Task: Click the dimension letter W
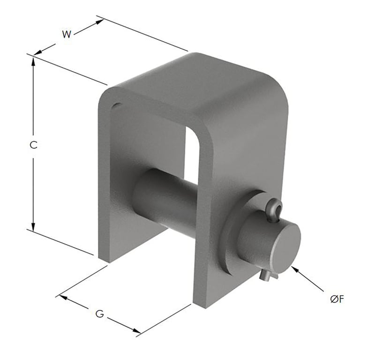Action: (67, 34)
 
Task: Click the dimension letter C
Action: (33, 145)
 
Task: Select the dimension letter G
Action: (99, 314)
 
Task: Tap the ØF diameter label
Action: (337, 300)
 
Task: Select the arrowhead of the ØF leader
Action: (294, 268)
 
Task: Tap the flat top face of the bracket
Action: (197, 87)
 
